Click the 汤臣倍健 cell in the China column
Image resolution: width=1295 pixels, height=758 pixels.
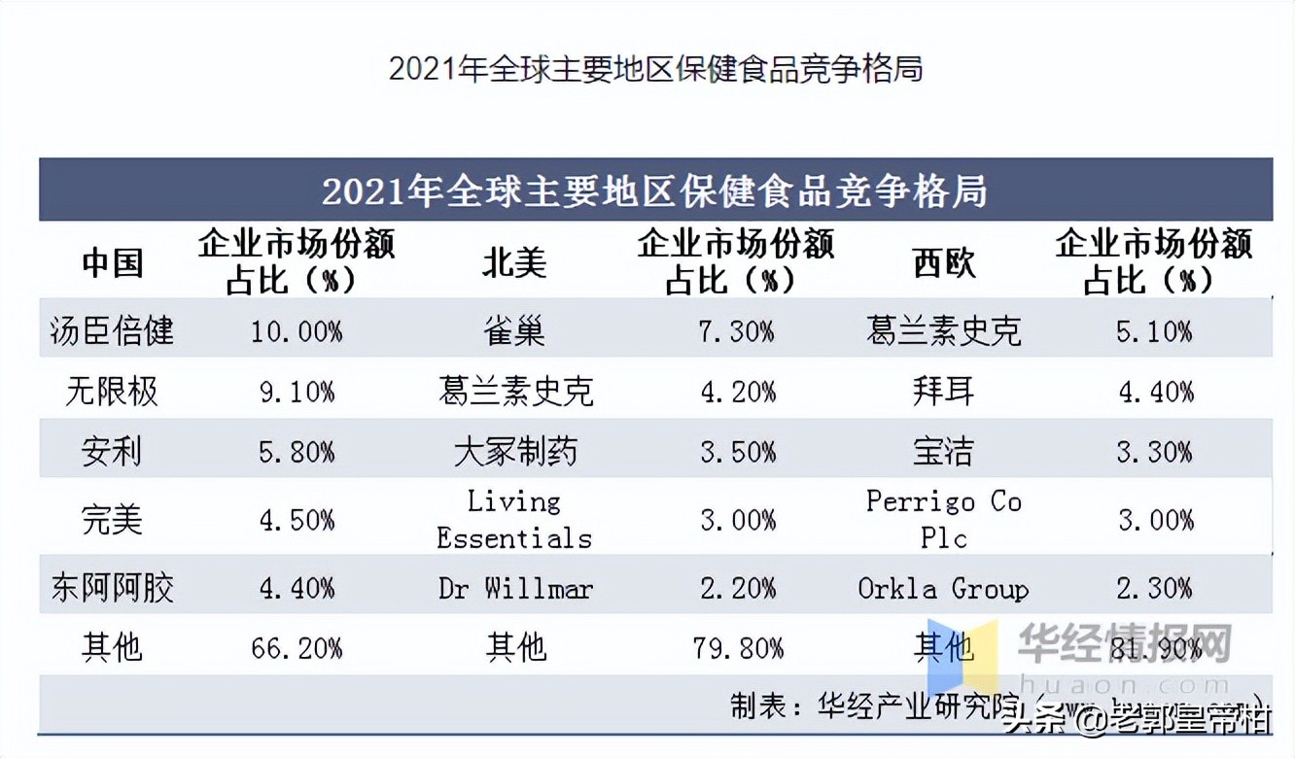(x=112, y=331)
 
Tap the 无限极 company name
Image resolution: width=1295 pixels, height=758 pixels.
(x=112, y=392)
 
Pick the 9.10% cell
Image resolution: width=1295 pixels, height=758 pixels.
(x=297, y=392)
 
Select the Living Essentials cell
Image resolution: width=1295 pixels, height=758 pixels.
(x=514, y=519)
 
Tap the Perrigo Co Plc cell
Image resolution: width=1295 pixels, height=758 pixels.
(x=943, y=519)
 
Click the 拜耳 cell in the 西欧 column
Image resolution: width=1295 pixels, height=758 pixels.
(x=943, y=392)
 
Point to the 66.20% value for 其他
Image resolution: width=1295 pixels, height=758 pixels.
(x=297, y=647)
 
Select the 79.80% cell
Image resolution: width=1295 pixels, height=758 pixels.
(x=738, y=647)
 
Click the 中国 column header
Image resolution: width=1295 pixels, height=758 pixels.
(x=112, y=262)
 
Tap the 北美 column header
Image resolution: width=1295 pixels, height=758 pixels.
(x=514, y=262)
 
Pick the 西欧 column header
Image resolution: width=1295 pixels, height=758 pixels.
(x=943, y=262)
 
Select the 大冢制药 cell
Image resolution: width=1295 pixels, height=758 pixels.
(x=514, y=452)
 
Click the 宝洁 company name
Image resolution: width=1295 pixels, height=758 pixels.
(x=943, y=452)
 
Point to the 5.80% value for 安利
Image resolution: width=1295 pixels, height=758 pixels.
(x=297, y=452)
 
